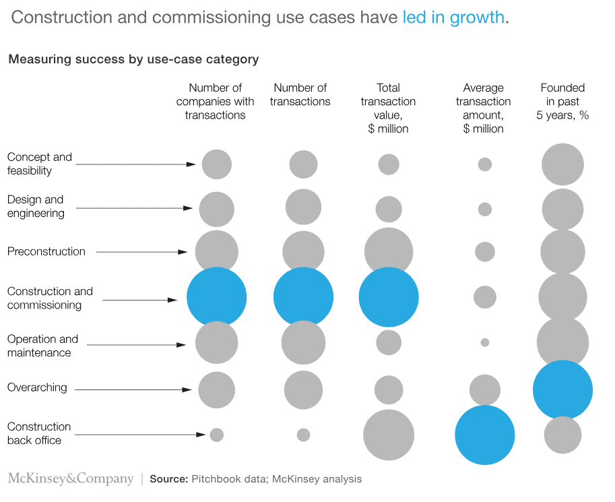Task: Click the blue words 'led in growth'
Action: point(453,18)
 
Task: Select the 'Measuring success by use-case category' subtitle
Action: point(133,59)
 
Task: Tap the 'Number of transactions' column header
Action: point(300,95)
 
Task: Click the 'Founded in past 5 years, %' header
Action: point(562,102)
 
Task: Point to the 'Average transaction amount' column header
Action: point(483,108)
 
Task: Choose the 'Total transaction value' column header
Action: point(388,108)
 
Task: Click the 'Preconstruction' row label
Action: point(46,251)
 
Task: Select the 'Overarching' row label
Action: point(37,387)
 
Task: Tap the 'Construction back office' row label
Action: point(38,433)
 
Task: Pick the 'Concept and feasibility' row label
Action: point(39,164)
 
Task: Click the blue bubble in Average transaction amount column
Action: point(484,435)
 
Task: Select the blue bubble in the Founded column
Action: point(562,390)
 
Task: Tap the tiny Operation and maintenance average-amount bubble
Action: point(484,342)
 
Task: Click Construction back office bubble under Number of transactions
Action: point(303,435)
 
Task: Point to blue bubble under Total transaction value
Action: point(389,297)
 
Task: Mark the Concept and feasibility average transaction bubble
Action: point(484,164)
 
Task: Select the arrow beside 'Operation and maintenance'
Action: point(135,345)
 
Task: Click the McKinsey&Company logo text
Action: point(71,479)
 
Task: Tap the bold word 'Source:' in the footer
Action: point(168,480)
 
